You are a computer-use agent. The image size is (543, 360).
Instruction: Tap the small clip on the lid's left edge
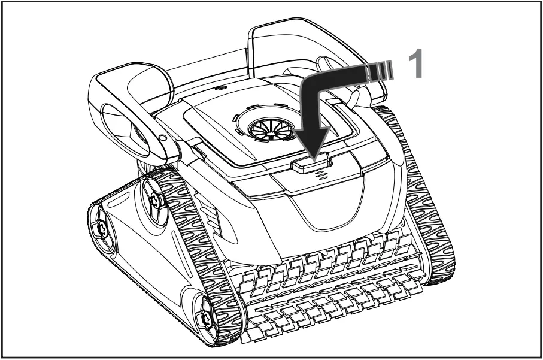[198, 150]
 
